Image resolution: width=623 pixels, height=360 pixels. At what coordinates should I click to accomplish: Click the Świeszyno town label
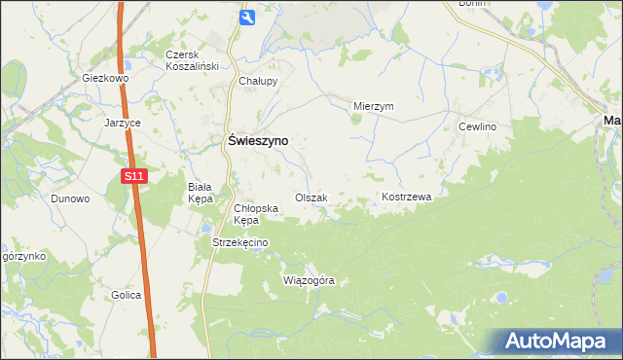tap(257, 140)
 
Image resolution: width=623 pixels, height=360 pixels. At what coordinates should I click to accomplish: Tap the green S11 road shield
tap(134, 176)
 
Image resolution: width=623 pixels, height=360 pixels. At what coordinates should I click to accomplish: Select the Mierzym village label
tap(373, 107)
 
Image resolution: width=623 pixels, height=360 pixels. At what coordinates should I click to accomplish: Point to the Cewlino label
tap(478, 127)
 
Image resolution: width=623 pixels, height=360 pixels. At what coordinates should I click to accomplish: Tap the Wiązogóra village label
tap(309, 280)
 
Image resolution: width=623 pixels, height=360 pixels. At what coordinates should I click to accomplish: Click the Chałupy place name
tap(259, 82)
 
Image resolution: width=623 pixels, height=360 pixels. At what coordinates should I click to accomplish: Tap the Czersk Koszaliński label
tap(191, 60)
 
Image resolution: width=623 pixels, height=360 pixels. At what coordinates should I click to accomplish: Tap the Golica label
tap(127, 295)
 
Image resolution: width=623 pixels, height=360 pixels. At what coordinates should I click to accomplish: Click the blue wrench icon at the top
tap(247, 17)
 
